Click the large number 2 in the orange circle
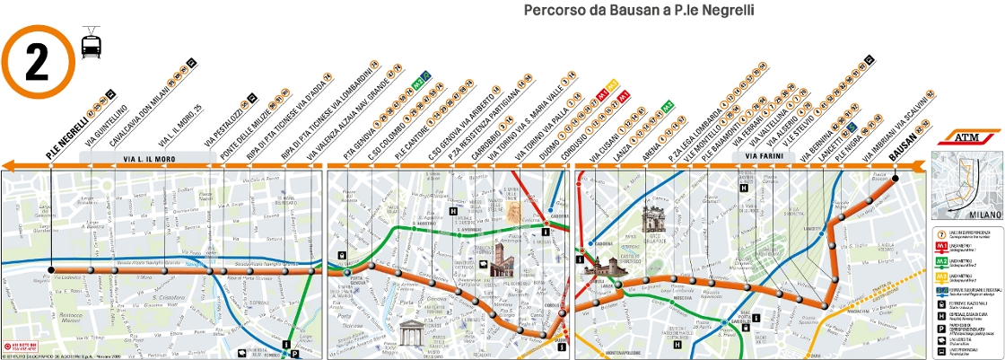click(x=37, y=60)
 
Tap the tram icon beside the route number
click(x=91, y=43)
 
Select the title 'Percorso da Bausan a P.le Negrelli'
click(x=637, y=10)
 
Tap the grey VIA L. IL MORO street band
click(x=148, y=157)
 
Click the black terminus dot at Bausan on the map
click(x=895, y=179)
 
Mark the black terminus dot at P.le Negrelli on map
click(x=51, y=268)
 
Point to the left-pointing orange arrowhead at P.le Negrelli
click(x=8, y=165)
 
